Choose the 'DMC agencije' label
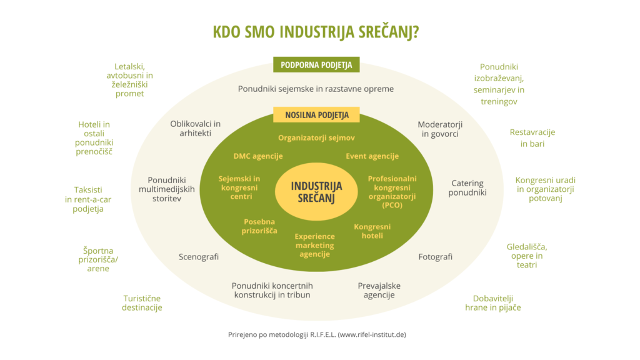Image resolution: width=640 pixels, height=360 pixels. click(258, 156)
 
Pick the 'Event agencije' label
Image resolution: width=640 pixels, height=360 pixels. click(372, 156)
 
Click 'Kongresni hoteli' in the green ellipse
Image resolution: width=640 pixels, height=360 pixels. click(372, 231)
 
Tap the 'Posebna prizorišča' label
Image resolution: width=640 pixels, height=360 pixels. click(259, 226)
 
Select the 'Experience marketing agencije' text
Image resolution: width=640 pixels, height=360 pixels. click(315, 245)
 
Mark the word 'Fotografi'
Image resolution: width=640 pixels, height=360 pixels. click(435, 257)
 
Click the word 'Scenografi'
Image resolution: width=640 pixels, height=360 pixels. click(199, 257)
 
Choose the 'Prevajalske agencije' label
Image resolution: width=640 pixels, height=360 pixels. click(379, 290)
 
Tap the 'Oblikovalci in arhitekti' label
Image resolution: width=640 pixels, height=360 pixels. click(195, 128)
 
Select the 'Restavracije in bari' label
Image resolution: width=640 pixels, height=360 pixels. click(532, 137)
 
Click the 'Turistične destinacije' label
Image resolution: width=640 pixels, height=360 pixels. click(142, 302)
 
